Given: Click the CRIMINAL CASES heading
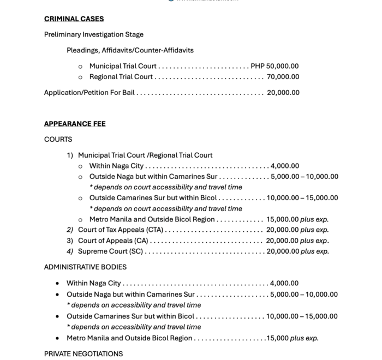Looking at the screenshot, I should [74, 19].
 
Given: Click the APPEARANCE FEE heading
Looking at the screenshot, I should [75, 124].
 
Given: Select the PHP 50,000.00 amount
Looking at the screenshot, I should [274, 66].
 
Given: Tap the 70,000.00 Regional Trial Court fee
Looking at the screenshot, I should [283, 77].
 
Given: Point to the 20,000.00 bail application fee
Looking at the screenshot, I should [283, 93].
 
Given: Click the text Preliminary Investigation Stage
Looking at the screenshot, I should [94, 34].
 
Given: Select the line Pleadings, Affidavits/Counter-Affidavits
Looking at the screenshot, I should [130, 50].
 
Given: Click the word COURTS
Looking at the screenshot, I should [58, 140].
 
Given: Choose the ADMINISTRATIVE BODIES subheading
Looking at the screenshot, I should [85, 267].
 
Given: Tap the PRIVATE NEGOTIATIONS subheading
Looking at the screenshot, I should [83, 353].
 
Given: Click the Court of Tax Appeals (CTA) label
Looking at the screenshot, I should [121, 230].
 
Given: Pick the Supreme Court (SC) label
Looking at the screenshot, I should [110, 251].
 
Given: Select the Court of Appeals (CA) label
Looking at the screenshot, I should [113, 241].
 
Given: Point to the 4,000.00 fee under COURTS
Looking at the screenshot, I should [285, 166].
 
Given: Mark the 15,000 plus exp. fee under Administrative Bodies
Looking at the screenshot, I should [293, 338].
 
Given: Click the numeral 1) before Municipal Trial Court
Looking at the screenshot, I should [70, 155].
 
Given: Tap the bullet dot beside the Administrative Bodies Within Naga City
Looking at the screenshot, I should [58, 284].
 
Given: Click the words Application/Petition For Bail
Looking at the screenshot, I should [89, 93].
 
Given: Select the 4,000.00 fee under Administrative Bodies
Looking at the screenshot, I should [284, 284].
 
